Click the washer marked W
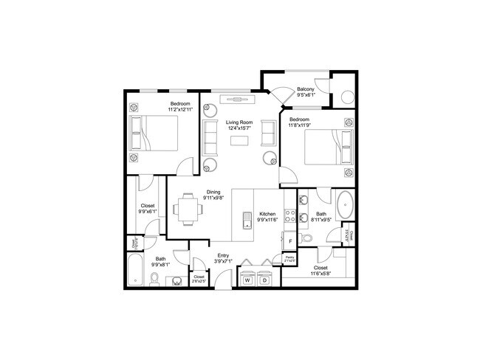247,280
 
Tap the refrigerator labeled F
290,241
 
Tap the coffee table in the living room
239,140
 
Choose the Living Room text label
239,122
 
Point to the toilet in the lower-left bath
154,278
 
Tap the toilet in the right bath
309,235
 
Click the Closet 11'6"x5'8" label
320,271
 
